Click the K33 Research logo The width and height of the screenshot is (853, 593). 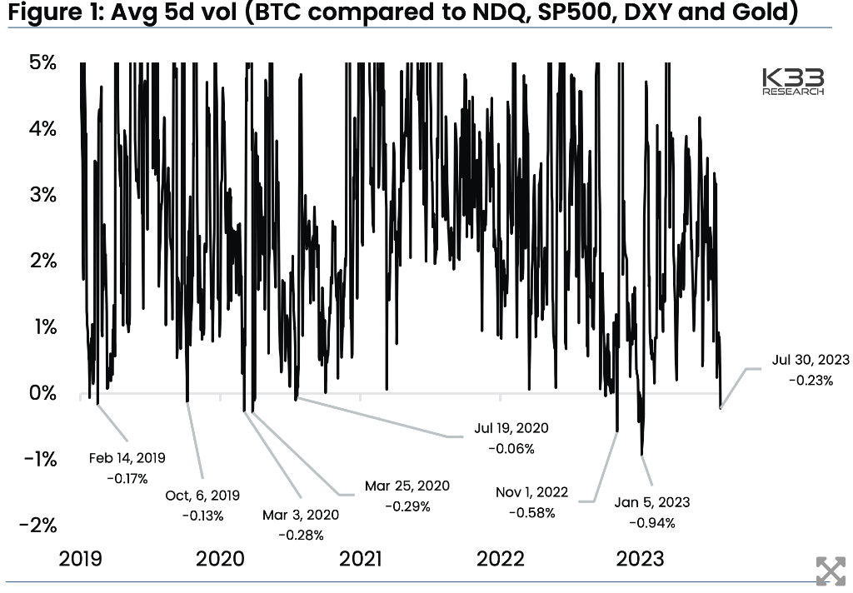(x=793, y=82)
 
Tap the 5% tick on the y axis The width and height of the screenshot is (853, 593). (x=43, y=62)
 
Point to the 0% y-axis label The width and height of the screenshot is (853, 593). (x=43, y=393)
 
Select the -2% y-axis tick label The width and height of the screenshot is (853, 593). (x=38, y=525)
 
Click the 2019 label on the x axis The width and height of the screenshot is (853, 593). (x=80, y=559)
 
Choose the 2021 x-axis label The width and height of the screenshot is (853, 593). (x=360, y=559)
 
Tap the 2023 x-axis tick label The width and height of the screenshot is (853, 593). (x=641, y=559)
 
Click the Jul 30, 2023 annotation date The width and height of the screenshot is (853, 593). (x=811, y=360)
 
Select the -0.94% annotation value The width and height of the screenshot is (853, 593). (x=652, y=523)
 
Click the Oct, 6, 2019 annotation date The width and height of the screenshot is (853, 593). (x=202, y=496)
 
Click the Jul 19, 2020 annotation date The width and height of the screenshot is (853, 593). (x=511, y=428)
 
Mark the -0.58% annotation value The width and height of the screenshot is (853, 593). (x=532, y=513)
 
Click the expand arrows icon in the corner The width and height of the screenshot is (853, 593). (x=831, y=571)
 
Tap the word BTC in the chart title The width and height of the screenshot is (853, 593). (x=276, y=12)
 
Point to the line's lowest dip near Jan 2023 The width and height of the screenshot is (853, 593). (x=642, y=455)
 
